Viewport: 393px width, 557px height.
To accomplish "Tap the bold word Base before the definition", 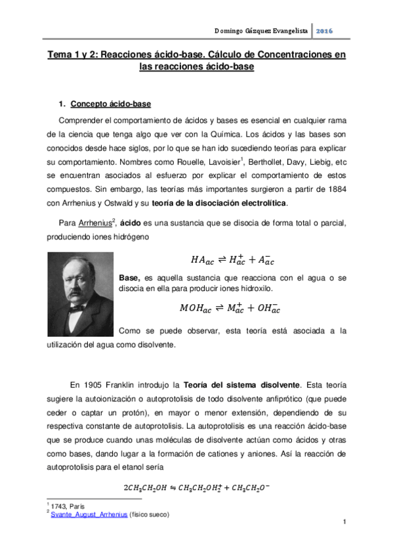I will (129, 278).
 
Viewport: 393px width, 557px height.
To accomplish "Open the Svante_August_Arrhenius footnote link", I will (93, 515).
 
